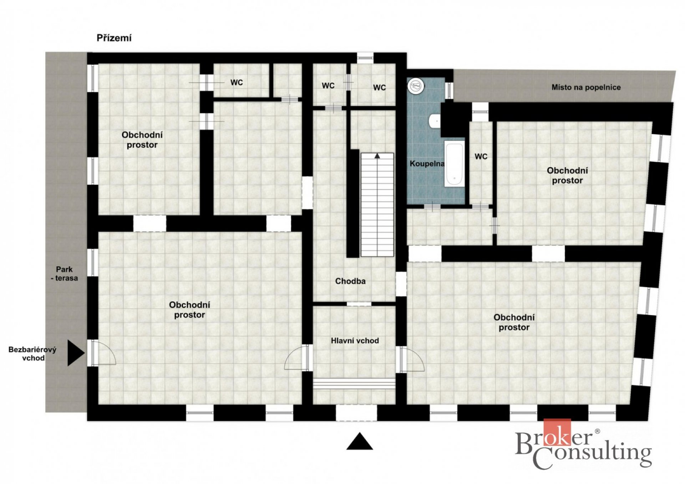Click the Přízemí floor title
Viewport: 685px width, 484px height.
(114, 38)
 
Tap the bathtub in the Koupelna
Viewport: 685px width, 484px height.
(454, 164)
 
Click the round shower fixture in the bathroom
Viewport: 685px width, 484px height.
(416, 86)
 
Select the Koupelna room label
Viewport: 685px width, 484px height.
(427, 164)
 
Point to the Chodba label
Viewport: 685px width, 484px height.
(350, 281)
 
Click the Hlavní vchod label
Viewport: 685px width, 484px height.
(355, 341)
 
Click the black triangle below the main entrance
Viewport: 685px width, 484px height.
(360, 441)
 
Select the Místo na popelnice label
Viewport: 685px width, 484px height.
(586, 87)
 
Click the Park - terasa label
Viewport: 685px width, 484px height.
(65, 274)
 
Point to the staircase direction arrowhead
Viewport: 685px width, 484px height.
(377, 156)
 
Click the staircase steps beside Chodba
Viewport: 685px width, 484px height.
(377, 205)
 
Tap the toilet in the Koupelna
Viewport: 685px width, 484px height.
(435, 121)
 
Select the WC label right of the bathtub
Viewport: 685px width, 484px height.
(481, 156)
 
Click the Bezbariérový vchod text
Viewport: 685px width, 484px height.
(32, 354)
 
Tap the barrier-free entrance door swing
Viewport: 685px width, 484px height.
(105, 352)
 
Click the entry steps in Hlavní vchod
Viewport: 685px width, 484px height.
(354, 384)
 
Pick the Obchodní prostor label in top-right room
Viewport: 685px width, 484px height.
(567, 175)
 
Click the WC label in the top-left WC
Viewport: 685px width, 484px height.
(237, 83)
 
